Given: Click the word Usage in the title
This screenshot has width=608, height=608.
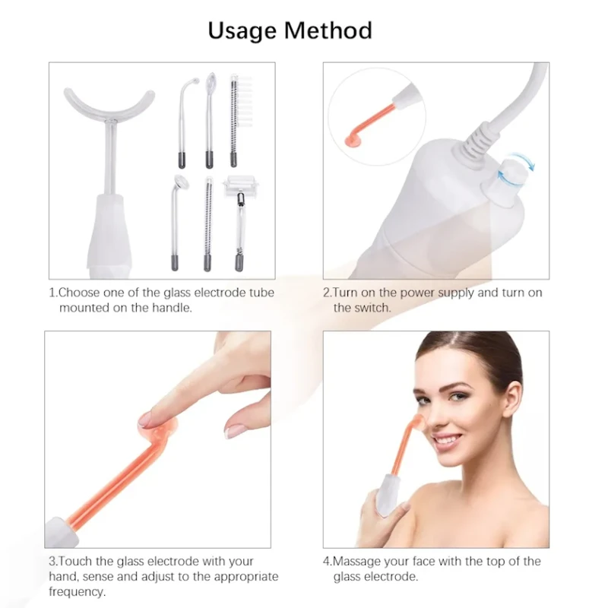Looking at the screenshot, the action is pyautogui.click(x=242, y=31).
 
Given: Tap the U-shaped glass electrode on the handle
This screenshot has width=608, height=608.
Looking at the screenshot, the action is pyautogui.click(x=109, y=116).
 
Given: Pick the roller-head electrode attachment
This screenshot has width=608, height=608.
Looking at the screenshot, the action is pyautogui.click(x=237, y=223).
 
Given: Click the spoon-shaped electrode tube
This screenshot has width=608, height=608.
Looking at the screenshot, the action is pyautogui.click(x=210, y=120).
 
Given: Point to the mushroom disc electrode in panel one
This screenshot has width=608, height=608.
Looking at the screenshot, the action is pyautogui.click(x=177, y=223).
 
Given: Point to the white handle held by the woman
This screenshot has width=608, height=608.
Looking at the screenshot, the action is pyautogui.click(x=388, y=496).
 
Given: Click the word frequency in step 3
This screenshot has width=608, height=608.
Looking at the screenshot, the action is pyautogui.click(x=77, y=592).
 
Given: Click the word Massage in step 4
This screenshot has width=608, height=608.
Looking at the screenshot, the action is pyautogui.click(x=356, y=562).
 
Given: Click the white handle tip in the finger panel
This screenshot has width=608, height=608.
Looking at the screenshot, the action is pyautogui.click(x=62, y=533).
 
